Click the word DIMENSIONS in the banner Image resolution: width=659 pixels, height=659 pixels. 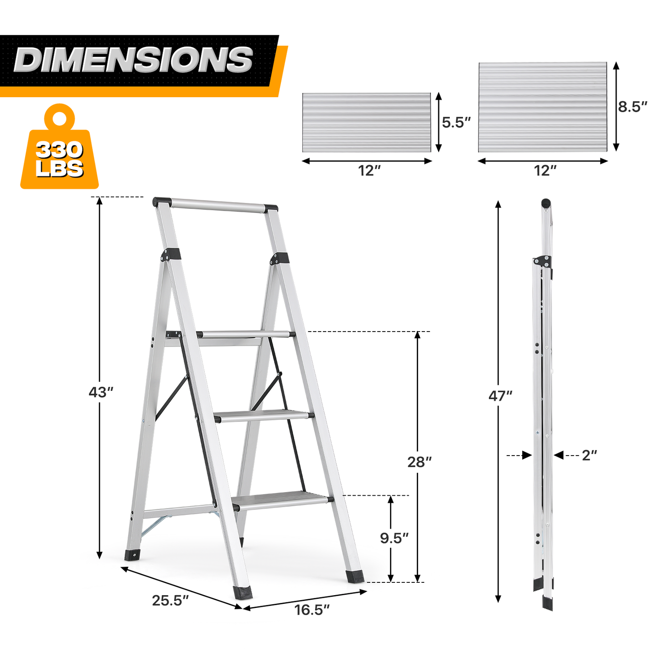coord(133,60)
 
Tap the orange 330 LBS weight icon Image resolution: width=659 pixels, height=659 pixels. coord(59,147)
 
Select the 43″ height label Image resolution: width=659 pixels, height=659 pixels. coord(100,392)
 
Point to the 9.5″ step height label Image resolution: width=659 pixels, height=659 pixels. coord(394,538)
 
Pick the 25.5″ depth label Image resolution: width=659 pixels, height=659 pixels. coord(170,601)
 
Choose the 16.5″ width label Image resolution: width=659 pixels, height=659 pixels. coord(312,610)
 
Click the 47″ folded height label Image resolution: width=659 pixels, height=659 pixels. coord(500,396)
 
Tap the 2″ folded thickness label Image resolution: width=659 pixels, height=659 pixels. coord(589,455)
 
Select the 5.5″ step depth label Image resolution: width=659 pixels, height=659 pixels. coord(457,122)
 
